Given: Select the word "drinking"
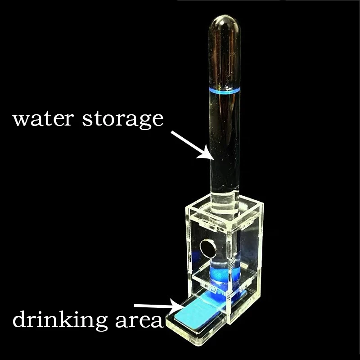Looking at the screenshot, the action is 59,320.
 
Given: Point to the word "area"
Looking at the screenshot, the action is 137,320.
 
